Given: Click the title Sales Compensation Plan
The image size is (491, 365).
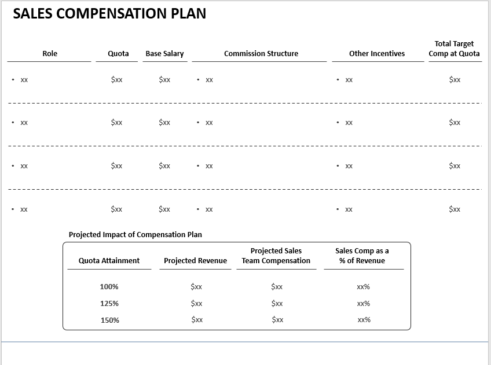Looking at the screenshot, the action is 109,14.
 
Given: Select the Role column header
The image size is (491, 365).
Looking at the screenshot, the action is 50,54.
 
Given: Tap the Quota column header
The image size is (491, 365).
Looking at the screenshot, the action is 118,54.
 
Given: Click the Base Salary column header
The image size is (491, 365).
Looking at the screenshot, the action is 164,54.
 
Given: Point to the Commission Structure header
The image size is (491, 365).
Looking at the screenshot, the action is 261,54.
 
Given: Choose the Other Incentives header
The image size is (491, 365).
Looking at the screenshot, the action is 377,54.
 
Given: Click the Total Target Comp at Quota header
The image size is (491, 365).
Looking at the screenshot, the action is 454,49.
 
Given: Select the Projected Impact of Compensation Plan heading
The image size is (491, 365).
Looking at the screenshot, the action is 135,235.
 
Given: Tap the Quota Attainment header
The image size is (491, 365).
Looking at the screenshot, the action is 109,261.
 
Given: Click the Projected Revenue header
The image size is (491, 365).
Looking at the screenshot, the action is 195,261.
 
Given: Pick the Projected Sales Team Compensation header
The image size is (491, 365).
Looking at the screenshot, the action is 276,256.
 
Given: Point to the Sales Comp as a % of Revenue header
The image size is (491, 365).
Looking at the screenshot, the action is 362,256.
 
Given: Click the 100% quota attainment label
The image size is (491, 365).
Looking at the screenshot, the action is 109,287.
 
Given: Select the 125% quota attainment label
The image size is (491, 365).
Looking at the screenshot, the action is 109,304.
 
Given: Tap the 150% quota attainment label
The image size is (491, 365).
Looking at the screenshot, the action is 109,320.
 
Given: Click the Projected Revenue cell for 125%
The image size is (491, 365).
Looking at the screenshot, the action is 196,304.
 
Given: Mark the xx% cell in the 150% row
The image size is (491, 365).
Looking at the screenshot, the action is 364,320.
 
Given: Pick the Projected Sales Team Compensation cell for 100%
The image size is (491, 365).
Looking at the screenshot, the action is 277,287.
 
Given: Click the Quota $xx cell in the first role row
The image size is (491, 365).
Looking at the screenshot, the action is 116,80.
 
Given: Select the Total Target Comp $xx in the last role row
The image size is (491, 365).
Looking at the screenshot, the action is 455,209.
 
